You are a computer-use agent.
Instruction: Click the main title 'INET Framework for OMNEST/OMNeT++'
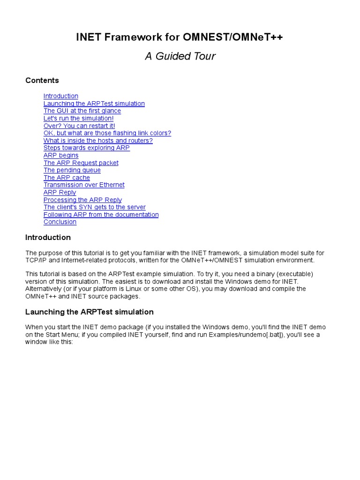pyautogui.click(x=180, y=38)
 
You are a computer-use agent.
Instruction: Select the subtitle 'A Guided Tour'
pyautogui.click(x=180, y=56)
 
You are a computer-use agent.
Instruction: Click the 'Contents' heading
pyautogui.click(x=42, y=80)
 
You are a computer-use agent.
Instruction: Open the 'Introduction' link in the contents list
pyautogui.click(x=61, y=96)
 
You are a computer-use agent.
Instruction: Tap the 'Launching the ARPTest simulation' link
pyautogui.click(x=94, y=104)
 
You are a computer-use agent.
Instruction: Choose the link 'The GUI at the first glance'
pyautogui.click(x=82, y=111)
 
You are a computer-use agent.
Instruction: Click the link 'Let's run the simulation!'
pyautogui.click(x=78, y=119)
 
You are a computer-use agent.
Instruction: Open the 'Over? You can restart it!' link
pyautogui.click(x=79, y=126)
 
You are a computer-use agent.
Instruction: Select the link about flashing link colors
pyautogui.click(x=107, y=133)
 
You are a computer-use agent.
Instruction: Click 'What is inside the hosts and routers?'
pyautogui.click(x=98, y=141)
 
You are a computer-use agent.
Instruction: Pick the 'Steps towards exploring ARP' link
pyautogui.click(x=86, y=148)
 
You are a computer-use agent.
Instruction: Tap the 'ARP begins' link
pyautogui.click(x=61, y=156)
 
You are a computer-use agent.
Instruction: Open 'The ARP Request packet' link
pyautogui.click(x=81, y=163)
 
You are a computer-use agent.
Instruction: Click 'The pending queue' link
pyautogui.click(x=72, y=170)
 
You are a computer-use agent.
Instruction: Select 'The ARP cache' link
pyautogui.click(x=67, y=178)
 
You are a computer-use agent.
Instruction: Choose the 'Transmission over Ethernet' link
pyautogui.click(x=84, y=185)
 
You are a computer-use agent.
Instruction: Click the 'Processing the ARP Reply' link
pyautogui.click(x=82, y=200)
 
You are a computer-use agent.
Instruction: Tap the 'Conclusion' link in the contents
pyautogui.click(x=60, y=222)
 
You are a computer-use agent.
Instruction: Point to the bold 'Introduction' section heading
pyautogui.click(x=48, y=237)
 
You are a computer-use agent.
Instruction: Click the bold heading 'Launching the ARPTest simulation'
pyautogui.click(x=89, y=312)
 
